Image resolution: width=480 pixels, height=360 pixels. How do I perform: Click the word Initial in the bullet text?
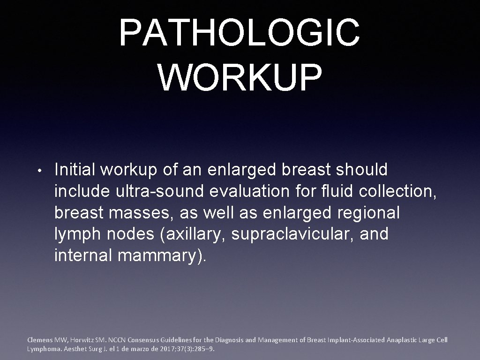tap(76, 170)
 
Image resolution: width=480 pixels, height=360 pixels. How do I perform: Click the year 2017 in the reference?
tap(158, 349)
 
